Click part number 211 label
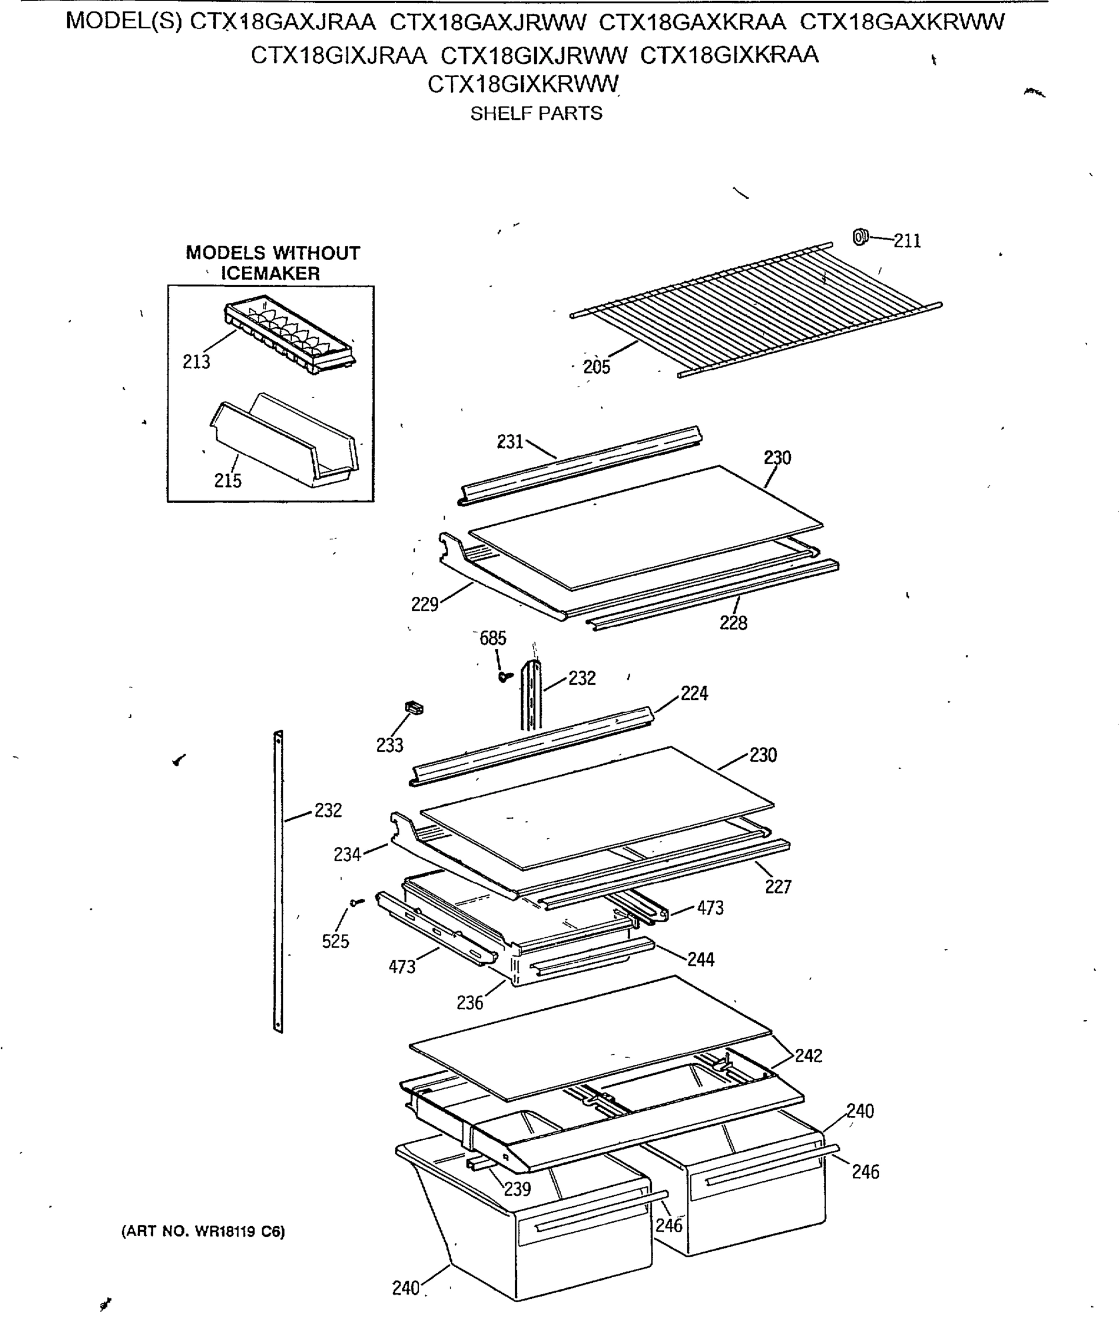[x=907, y=241]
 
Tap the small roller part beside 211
[x=859, y=237]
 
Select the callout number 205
[x=596, y=367]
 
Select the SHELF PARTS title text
[x=536, y=114]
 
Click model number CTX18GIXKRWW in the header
[x=523, y=84]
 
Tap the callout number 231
[x=510, y=441]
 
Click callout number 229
[x=424, y=604]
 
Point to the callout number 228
[x=733, y=623]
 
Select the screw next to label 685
[x=505, y=677]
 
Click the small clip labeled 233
[x=414, y=708]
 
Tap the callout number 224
[x=694, y=693]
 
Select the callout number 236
[x=470, y=1003]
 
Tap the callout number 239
[x=517, y=1189]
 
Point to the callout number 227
[x=778, y=887]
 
